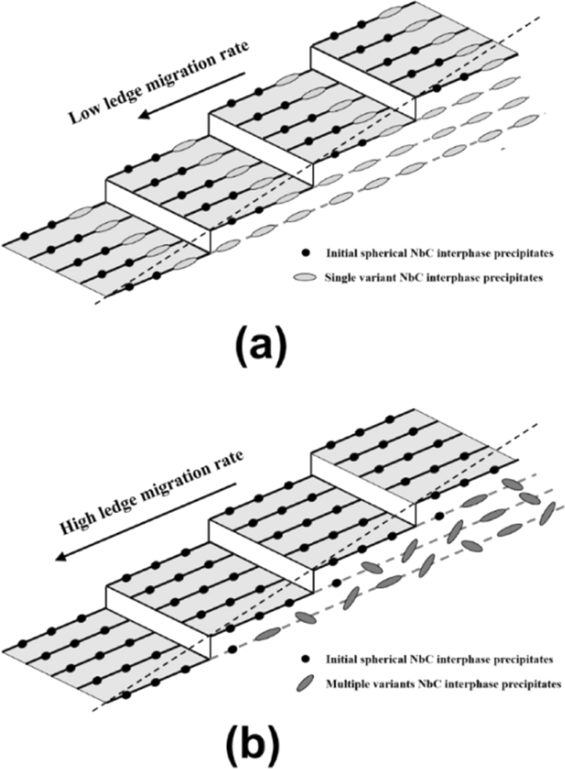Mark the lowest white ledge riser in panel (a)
click(157, 210)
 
